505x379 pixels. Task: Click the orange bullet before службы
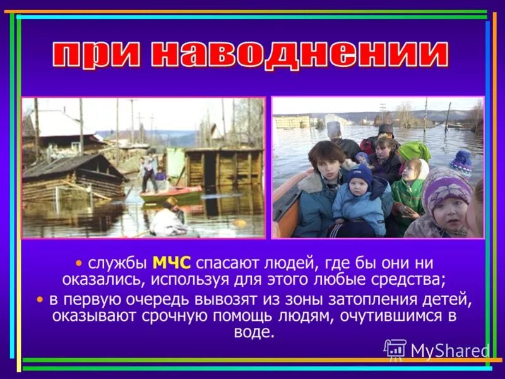point(78,262)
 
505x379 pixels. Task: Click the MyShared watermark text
point(449,350)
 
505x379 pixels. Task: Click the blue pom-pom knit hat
point(461,162)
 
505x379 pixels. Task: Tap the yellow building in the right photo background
point(292,121)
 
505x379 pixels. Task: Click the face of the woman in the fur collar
point(327,159)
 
